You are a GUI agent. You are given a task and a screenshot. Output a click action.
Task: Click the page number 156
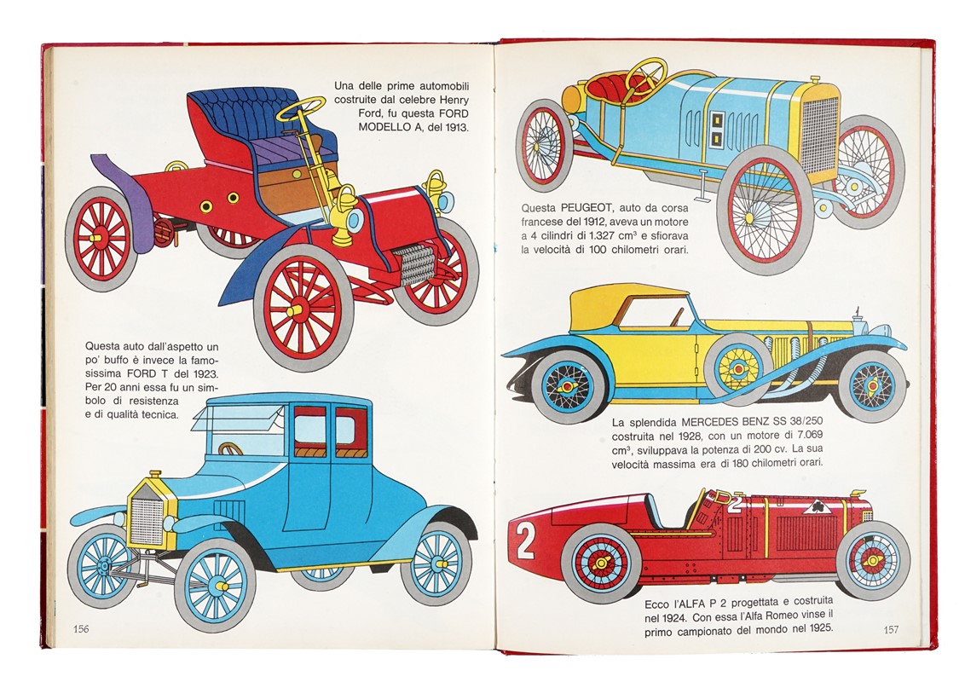point(81,629)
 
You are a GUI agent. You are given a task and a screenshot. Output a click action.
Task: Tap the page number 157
point(891,630)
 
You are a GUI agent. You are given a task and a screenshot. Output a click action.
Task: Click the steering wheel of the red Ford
point(300,108)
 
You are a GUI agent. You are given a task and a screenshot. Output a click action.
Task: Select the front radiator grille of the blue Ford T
point(147,521)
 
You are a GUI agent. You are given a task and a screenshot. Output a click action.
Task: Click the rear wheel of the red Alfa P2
point(600,564)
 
